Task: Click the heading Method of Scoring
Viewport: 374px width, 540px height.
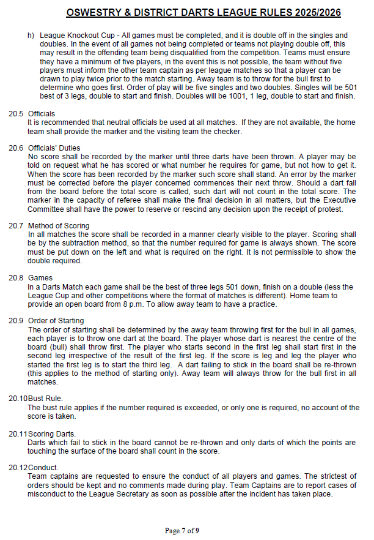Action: pos(59,226)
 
